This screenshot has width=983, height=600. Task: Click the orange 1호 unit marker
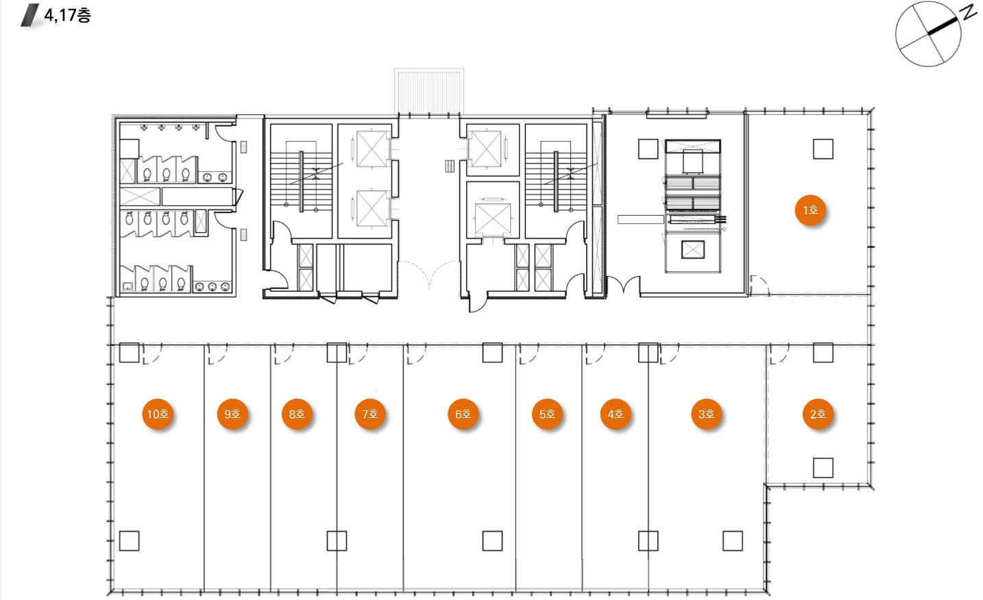point(810,210)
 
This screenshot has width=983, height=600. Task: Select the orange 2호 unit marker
point(818,414)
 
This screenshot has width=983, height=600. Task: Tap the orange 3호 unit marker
point(706,414)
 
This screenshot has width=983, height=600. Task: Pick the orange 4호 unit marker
point(616,414)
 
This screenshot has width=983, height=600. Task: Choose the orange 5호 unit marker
point(547,414)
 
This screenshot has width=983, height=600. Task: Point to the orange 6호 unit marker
point(463,414)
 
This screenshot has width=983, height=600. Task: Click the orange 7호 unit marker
point(370,414)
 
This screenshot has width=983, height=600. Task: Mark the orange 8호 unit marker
point(297,414)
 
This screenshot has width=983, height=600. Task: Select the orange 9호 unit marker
point(232,414)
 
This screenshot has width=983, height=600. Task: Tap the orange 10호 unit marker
point(158,414)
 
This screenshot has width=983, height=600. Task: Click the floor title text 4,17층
point(68,15)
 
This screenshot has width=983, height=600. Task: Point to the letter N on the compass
point(969,12)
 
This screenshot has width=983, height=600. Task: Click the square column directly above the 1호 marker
point(823,149)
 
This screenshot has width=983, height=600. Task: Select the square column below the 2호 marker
point(823,468)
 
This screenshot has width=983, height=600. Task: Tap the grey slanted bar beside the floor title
point(30,15)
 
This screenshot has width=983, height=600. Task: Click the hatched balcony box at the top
point(429,91)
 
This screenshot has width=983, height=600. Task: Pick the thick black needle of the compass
point(943,26)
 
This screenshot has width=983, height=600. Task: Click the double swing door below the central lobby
point(429,274)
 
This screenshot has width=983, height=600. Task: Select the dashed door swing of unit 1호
point(760,285)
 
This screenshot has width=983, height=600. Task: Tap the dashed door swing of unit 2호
point(779,354)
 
